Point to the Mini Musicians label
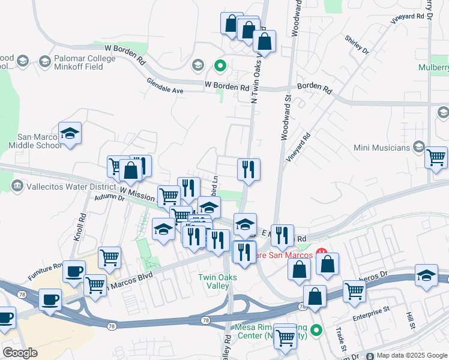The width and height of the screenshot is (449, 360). [x=382, y=147]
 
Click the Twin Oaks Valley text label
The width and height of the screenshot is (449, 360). [x=218, y=281]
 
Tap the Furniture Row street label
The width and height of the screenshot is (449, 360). [x=45, y=271]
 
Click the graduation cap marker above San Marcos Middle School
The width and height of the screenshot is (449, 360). [x=70, y=134]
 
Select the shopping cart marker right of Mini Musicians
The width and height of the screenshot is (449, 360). [x=436, y=158]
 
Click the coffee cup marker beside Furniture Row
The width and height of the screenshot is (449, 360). [x=74, y=271]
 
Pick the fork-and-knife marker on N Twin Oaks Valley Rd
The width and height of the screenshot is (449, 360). [x=249, y=170]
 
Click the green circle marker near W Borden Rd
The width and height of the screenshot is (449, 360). [x=220, y=65]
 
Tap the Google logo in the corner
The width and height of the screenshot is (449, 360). [x=20, y=353]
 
